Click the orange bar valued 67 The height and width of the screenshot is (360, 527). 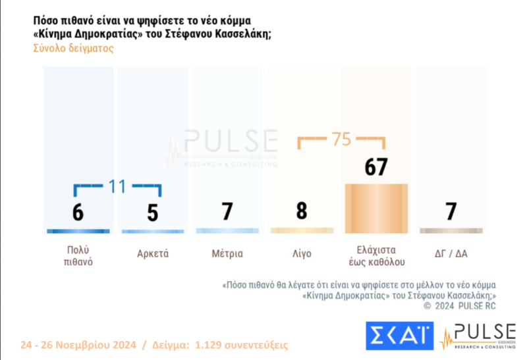tap(377, 208)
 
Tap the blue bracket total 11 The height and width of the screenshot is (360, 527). tap(117, 186)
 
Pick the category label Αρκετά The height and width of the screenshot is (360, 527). tap(153, 253)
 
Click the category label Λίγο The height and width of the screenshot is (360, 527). tap(302, 253)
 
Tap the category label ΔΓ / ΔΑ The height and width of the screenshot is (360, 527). tap(451, 253)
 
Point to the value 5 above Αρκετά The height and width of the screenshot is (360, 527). tap(153, 214)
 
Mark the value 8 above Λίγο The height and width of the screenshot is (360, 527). tap(302, 211)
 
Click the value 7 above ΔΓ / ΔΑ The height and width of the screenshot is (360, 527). tap(451, 211)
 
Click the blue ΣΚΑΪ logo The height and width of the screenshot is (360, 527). tap(399, 336)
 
